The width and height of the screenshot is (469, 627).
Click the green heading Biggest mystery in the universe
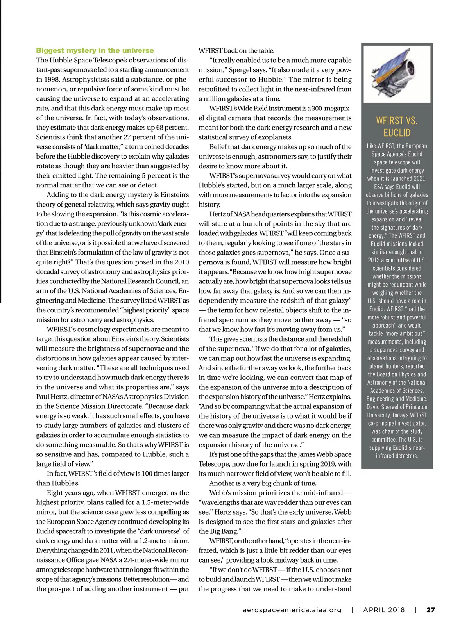(x=95, y=50)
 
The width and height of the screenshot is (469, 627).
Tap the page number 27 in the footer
(x=430, y=610)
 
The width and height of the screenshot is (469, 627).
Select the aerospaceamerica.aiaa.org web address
(x=292, y=610)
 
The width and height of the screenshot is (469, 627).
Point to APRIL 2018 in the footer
(x=384, y=610)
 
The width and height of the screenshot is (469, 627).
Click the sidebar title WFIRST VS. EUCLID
(x=397, y=126)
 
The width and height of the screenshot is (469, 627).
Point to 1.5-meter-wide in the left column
(x=167, y=502)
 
